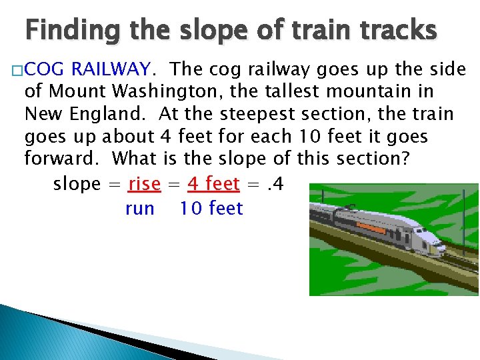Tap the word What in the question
coord(135,159)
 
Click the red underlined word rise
coord(145,183)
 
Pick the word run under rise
coord(140,209)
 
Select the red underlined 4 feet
coord(213,183)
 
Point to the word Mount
coord(73,91)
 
